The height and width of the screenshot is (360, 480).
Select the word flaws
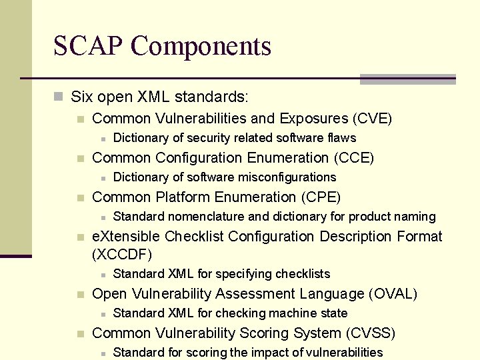point(341,138)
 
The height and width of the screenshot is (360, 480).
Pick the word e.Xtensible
point(126,237)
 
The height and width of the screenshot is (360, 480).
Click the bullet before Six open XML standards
point(59,97)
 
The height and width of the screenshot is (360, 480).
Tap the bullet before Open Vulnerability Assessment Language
point(80,295)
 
